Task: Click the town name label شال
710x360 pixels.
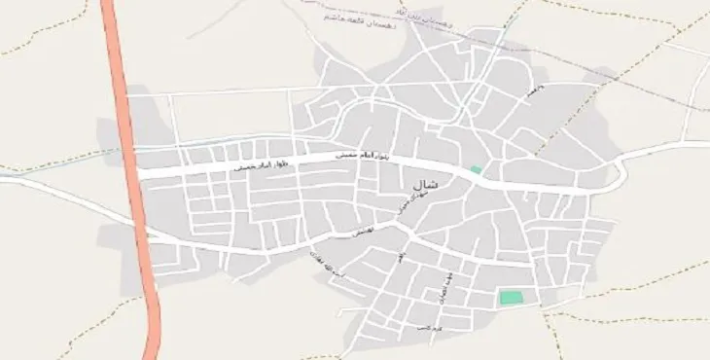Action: point(425,183)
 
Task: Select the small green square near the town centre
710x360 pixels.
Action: point(476,169)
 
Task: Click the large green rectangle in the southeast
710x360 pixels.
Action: point(511,298)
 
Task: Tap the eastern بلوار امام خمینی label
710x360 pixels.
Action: point(334,154)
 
